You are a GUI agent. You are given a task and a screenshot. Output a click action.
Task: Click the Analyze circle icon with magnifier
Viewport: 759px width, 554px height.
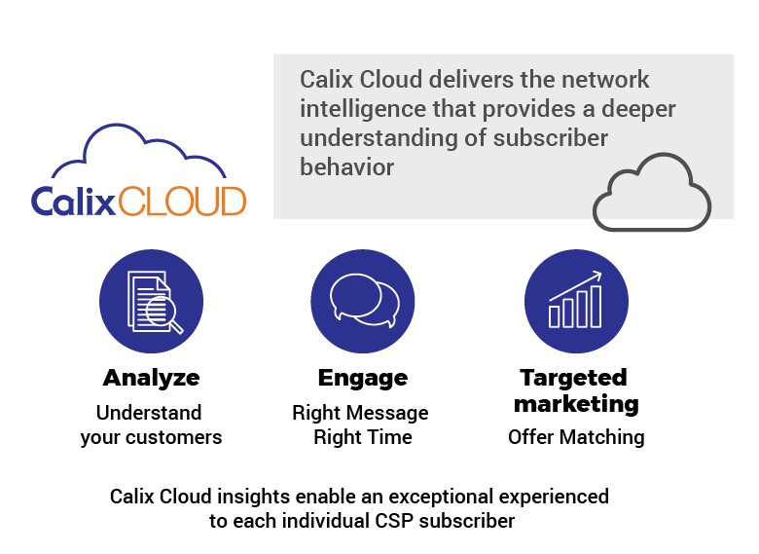[151, 301]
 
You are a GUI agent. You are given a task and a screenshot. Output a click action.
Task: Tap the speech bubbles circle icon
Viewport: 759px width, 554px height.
[362, 301]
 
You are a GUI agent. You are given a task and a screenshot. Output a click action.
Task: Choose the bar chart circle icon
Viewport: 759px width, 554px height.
[575, 301]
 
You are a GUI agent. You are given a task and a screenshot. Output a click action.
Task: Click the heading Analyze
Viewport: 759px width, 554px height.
[151, 378]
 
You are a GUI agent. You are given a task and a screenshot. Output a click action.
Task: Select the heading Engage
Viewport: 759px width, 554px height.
[362, 378]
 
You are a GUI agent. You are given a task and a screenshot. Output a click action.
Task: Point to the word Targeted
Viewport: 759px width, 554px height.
[573, 378]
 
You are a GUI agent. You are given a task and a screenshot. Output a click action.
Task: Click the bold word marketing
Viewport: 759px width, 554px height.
[576, 403]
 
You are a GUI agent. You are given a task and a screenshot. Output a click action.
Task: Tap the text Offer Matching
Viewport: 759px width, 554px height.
[576, 437]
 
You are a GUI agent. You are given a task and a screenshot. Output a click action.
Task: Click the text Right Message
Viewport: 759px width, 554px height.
[360, 413]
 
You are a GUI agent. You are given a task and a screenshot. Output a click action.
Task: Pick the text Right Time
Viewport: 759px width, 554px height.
[362, 437]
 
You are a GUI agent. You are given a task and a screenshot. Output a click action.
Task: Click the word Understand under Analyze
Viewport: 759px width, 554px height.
[149, 413]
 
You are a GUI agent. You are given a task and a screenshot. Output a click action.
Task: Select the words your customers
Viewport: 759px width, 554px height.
[151, 437]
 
